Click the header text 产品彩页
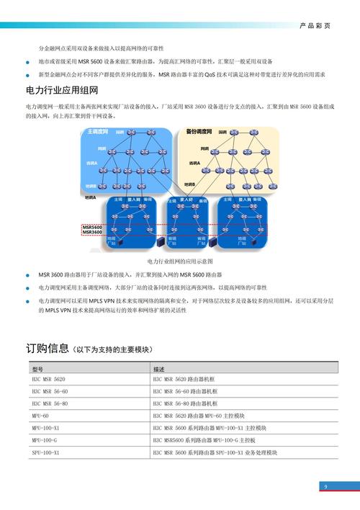click(x=315, y=25)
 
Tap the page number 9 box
click(x=325, y=488)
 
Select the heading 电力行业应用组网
click(x=60, y=91)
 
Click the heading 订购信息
click(x=48, y=349)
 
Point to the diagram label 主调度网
click(x=97, y=133)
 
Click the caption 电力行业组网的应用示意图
click(x=180, y=261)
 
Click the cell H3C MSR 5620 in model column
click(x=48, y=379)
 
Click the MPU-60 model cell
click(x=40, y=416)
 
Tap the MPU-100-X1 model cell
click(x=45, y=428)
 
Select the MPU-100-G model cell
click(x=44, y=440)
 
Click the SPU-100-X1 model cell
click(x=45, y=452)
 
